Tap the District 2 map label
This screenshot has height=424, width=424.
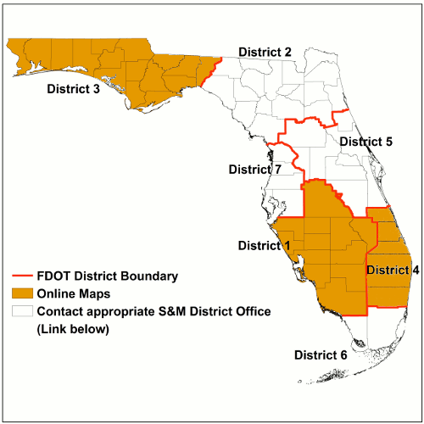pyautogui.click(x=265, y=53)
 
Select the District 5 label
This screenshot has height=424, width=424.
pyautogui.click(x=365, y=142)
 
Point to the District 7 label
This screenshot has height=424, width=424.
pyautogui.click(x=255, y=170)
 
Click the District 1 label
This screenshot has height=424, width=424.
pyautogui.click(x=264, y=246)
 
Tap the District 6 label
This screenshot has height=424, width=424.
pyautogui.click(x=320, y=354)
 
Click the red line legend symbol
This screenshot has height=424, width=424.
pyautogui.click(x=22, y=276)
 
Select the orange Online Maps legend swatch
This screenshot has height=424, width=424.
pyautogui.click(x=22, y=293)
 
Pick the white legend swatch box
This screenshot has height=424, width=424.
pyautogui.click(x=22, y=311)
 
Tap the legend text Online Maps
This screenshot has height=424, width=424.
pyautogui.click(x=72, y=293)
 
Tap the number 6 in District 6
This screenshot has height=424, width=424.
pyautogui.click(x=343, y=354)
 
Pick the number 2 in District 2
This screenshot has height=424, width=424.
pyautogui.click(x=288, y=53)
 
